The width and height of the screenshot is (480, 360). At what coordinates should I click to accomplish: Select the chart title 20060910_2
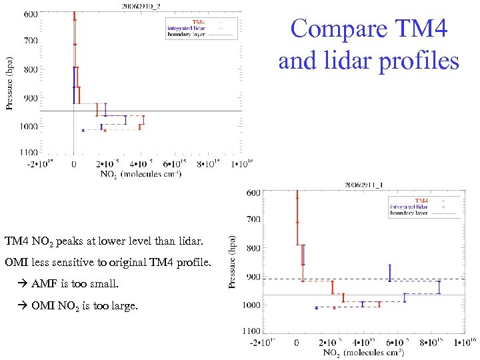coord(140,5)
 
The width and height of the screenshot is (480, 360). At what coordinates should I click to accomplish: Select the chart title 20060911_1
coord(362,184)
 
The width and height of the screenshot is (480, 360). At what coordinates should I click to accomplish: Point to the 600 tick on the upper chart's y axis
coord(30,13)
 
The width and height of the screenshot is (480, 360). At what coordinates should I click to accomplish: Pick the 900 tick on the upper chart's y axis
coord(30,98)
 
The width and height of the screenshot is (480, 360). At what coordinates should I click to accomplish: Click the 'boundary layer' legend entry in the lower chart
coord(409,214)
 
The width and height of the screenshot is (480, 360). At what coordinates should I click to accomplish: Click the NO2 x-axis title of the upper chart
coord(141,175)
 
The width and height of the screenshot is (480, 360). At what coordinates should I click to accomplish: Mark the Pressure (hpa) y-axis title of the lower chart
coord(233,261)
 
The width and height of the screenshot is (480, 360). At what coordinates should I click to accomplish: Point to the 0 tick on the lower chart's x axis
coord(297,343)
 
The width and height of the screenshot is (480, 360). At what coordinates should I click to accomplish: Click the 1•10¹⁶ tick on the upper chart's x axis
coord(241,163)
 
